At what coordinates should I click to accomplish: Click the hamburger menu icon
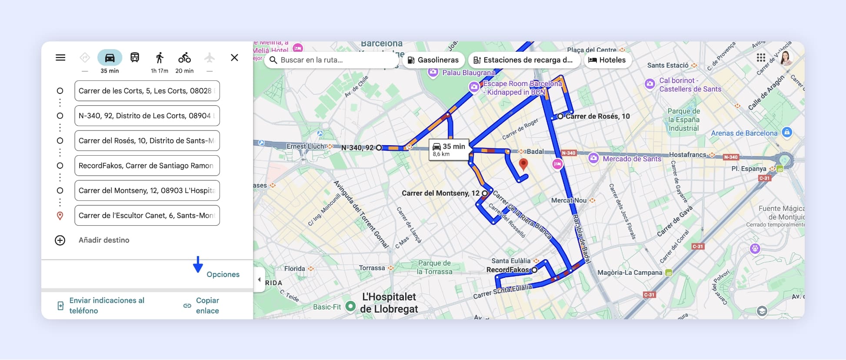point(60,58)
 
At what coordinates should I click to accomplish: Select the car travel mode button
point(110,58)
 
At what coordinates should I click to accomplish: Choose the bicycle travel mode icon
point(184,58)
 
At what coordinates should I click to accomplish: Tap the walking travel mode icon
point(160,58)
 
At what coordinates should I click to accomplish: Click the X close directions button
point(234,58)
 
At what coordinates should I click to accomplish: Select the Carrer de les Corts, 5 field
point(147,91)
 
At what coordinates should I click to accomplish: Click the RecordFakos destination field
point(147,166)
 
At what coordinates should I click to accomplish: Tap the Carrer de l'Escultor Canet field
point(147,216)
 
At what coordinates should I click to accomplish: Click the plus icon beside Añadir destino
point(60,240)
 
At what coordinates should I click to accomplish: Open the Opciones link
point(223,274)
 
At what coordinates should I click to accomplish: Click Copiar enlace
point(207,306)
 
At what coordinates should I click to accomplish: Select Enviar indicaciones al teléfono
point(106,306)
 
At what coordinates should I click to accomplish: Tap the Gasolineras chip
point(433,60)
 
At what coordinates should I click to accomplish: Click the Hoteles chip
point(607,60)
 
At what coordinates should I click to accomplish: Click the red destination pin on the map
point(523,163)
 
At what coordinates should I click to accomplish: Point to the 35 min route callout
point(449,150)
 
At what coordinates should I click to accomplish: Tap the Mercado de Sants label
point(631,159)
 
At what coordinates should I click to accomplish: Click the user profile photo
point(785,58)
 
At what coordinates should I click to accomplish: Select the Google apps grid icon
point(761,58)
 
